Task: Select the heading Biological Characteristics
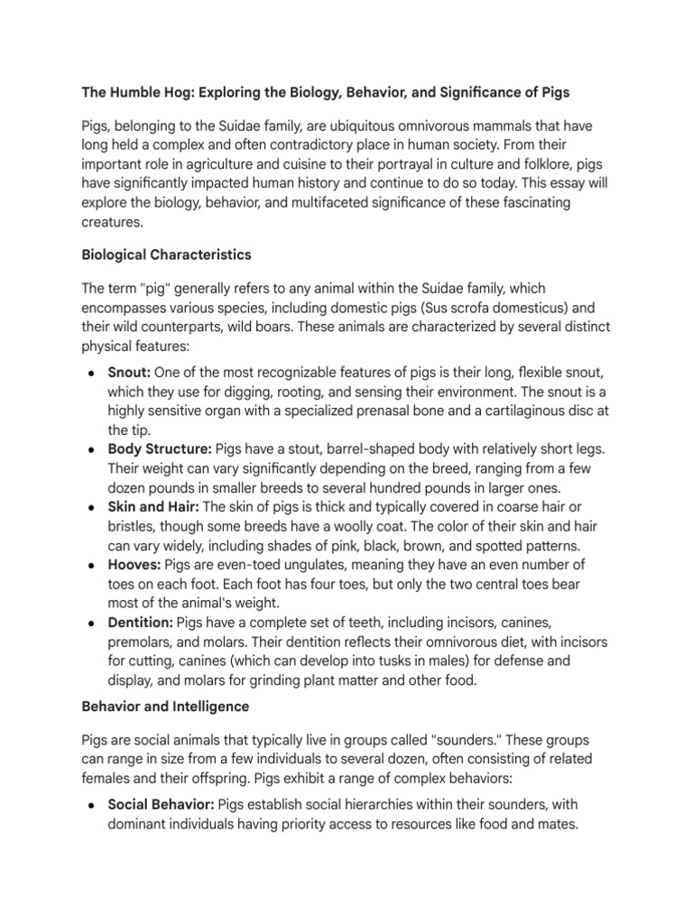pos(166,255)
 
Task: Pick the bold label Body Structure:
pos(154,448)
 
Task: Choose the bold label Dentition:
pos(140,623)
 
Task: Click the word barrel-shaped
pos(342,448)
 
